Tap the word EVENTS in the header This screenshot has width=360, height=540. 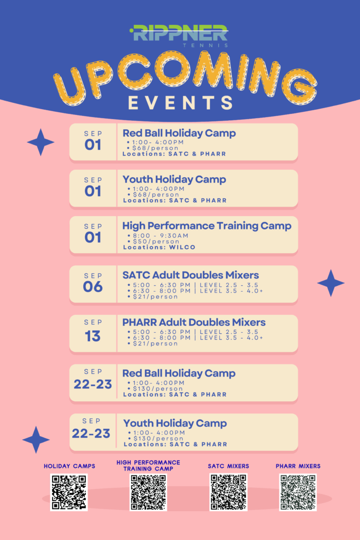point(180,103)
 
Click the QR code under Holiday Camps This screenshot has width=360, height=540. point(69,492)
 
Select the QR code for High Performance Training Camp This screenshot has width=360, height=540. point(148,492)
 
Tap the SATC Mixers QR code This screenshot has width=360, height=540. point(229,492)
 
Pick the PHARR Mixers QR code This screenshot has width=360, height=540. point(298,492)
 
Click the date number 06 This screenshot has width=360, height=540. point(93,286)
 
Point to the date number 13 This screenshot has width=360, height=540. point(93,336)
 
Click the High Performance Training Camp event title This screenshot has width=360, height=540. point(207,226)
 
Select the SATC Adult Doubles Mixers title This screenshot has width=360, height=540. point(191,275)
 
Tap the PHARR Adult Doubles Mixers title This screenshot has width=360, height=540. point(194,322)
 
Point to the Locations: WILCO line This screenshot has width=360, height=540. point(159,247)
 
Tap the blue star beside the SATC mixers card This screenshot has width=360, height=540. point(330,283)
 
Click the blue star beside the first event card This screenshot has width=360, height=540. point(41,142)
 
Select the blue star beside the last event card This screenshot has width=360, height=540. point(36,440)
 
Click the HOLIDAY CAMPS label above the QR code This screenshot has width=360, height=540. point(70,466)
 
